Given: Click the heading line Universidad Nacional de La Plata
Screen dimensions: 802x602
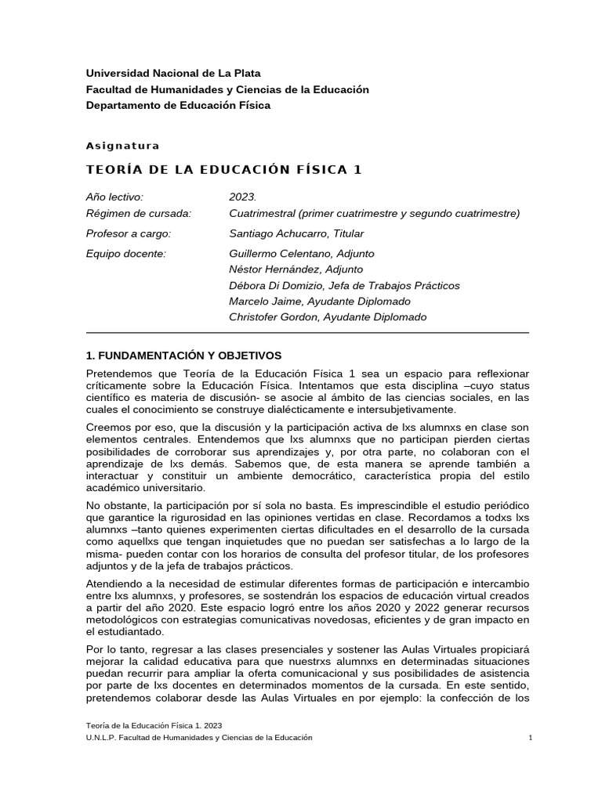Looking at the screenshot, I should pyautogui.click(x=173, y=74).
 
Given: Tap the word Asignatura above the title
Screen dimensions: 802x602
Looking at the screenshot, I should pyautogui.click(x=122, y=146).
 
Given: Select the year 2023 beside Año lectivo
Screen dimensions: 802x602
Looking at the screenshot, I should pyautogui.click(x=243, y=197).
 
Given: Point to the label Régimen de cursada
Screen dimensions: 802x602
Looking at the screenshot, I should pyautogui.click(x=139, y=213).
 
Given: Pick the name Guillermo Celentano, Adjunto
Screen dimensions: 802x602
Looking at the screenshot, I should pyautogui.click(x=302, y=254).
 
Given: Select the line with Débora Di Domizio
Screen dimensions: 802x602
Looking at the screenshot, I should pyautogui.click(x=344, y=285).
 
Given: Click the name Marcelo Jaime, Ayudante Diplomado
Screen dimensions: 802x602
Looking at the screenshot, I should pyautogui.click(x=319, y=301).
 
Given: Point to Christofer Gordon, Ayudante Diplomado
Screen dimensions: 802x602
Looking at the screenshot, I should pyautogui.click(x=328, y=317).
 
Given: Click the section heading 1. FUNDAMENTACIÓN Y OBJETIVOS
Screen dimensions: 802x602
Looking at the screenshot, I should pyautogui.click(x=183, y=355).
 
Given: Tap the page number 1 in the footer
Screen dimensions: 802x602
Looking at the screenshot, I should pyautogui.click(x=531, y=739).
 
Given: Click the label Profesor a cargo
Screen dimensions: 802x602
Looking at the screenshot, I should pyautogui.click(x=129, y=233).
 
